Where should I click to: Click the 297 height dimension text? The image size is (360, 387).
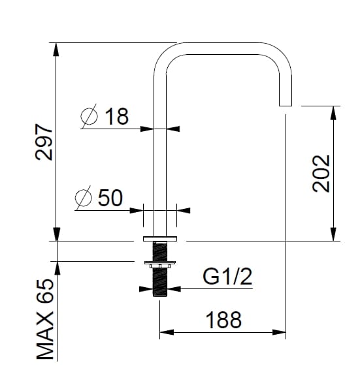(x=43, y=142)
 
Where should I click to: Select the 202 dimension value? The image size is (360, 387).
(x=321, y=173)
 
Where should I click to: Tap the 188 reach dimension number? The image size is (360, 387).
(x=223, y=320)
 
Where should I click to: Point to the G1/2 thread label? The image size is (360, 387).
(x=227, y=277)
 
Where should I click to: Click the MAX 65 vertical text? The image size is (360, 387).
(x=44, y=325)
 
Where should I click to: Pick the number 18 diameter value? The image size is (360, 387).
(x=116, y=116)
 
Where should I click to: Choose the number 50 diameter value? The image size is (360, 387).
(x=110, y=198)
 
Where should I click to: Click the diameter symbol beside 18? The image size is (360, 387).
(x=89, y=117)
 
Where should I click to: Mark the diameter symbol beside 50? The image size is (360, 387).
(x=83, y=198)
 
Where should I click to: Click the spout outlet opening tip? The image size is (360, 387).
(x=285, y=104)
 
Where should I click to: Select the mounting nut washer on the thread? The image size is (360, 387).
(x=160, y=264)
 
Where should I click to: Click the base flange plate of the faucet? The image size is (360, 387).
(x=160, y=238)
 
